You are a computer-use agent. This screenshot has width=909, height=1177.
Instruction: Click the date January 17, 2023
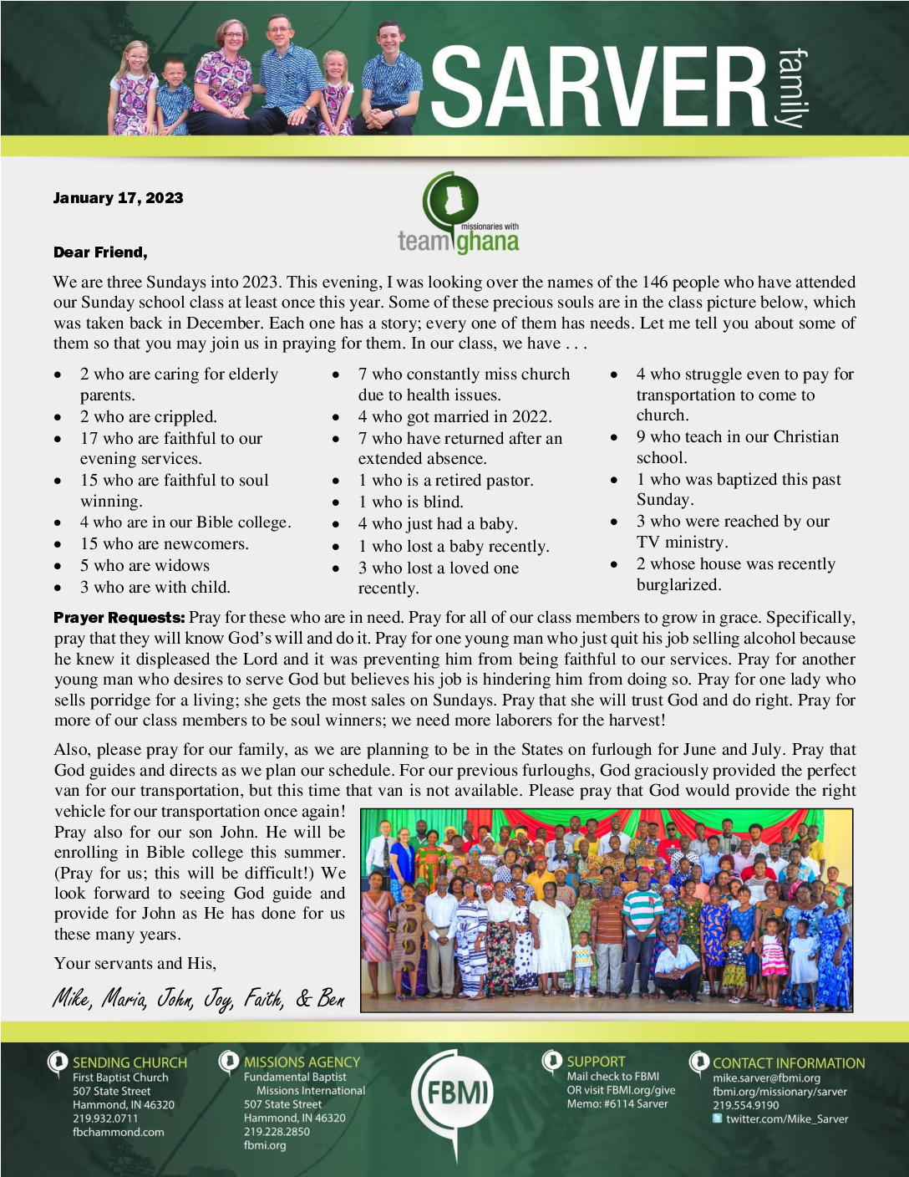[118, 198]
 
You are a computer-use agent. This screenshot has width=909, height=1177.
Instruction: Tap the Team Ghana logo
[458, 215]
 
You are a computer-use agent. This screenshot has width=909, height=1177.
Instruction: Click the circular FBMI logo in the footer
[457, 1093]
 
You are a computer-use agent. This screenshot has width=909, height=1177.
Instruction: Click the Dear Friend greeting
[100, 252]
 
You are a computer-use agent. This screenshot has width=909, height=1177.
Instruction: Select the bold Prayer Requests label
[119, 618]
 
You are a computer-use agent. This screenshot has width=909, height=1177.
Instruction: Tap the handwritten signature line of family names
[199, 997]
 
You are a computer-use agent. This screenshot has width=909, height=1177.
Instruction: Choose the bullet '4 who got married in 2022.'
[454, 416]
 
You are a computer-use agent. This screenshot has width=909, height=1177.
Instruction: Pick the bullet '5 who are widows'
[145, 565]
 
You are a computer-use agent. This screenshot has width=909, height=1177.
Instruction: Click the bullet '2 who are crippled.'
[148, 416]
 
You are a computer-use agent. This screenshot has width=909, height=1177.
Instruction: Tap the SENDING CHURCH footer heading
[129, 1062]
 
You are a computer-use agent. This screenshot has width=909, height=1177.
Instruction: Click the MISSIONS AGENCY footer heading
[302, 1062]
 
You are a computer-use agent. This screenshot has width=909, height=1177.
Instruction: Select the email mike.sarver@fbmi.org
[766, 1078]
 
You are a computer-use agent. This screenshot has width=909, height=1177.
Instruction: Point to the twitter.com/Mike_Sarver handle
[786, 1118]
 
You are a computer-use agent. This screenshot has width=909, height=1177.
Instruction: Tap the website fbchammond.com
[119, 1132]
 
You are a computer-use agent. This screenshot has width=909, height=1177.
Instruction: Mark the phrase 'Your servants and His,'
[135, 963]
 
